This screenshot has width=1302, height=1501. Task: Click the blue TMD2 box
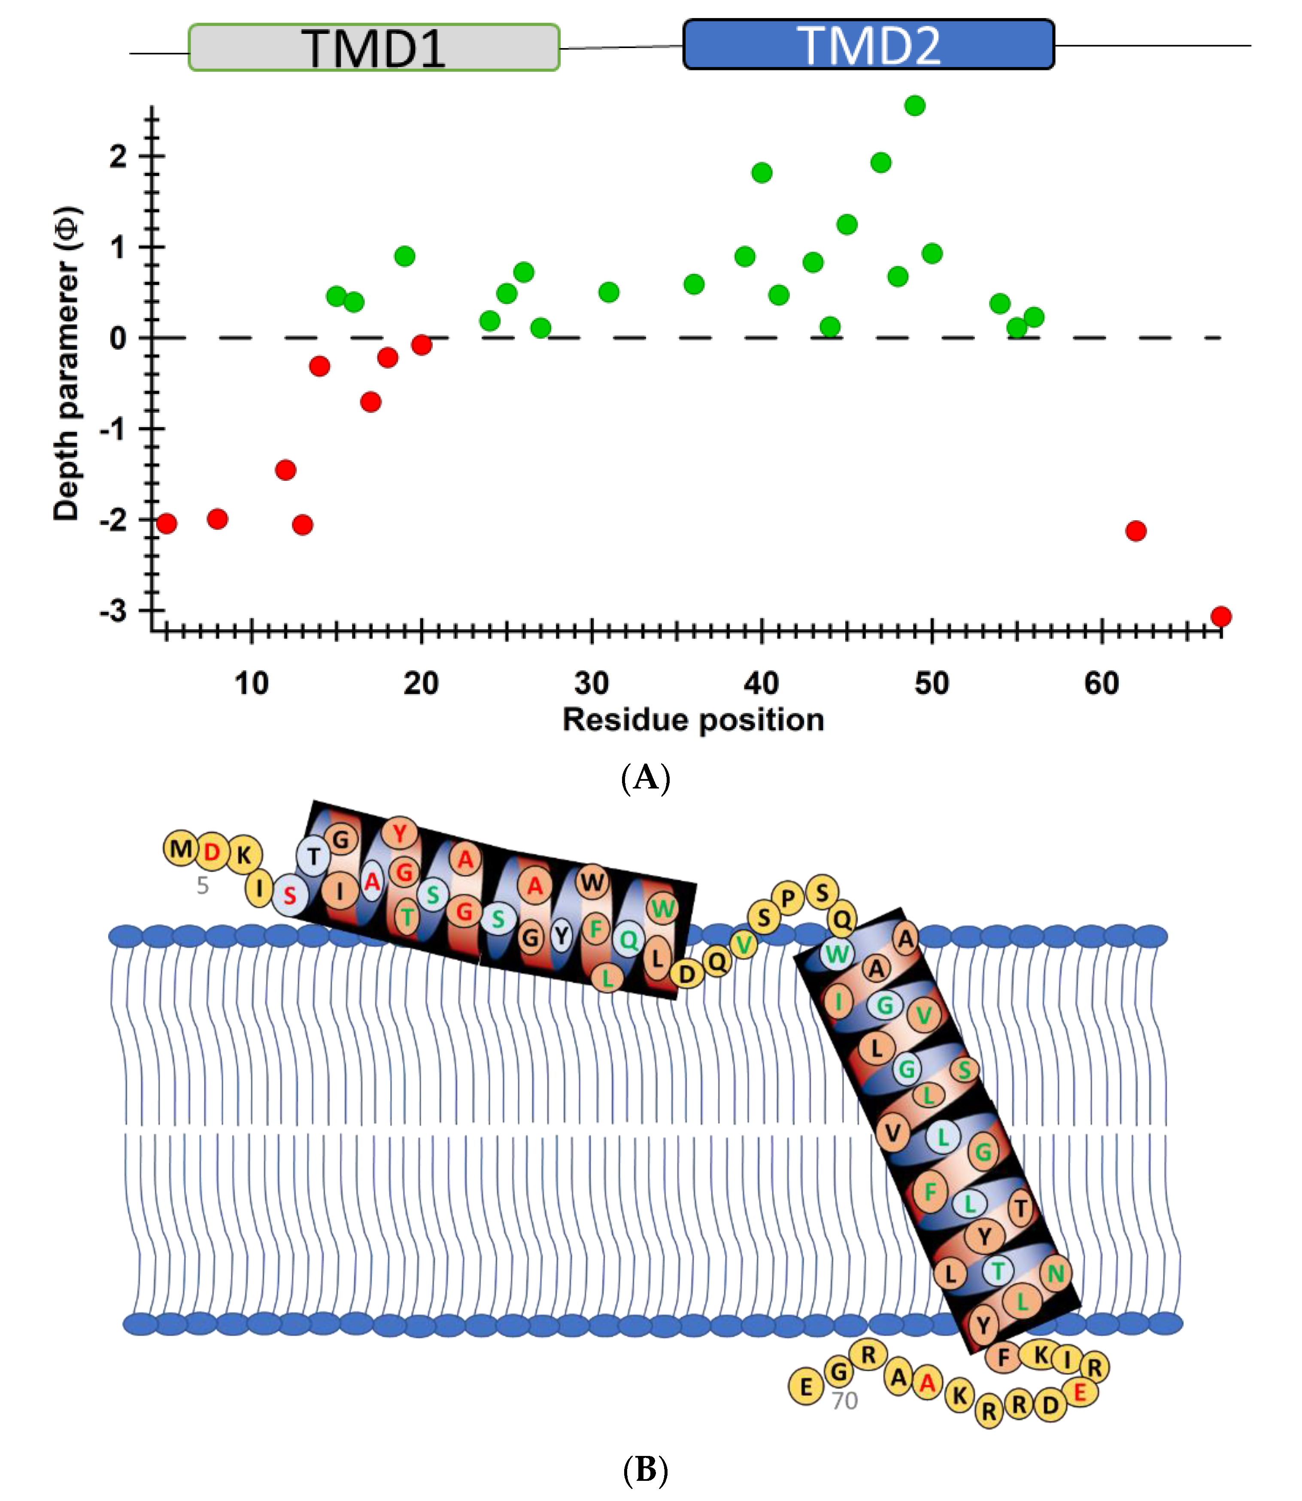click(x=868, y=45)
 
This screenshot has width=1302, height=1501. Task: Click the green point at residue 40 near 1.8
click(x=762, y=173)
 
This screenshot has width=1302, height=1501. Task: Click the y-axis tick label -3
click(x=114, y=611)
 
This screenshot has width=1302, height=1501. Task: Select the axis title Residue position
click(x=693, y=720)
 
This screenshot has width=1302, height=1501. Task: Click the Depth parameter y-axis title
click(x=67, y=363)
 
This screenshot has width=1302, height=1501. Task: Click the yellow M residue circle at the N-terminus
click(x=181, y=849)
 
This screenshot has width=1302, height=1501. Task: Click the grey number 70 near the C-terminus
click(x=844, y=1401)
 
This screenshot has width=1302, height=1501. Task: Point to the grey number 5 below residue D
click(x=203, y=885)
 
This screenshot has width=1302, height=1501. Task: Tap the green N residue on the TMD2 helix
click(x=1055, y=1273)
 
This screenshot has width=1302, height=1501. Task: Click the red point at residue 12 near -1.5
click(x=285, y=470)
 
